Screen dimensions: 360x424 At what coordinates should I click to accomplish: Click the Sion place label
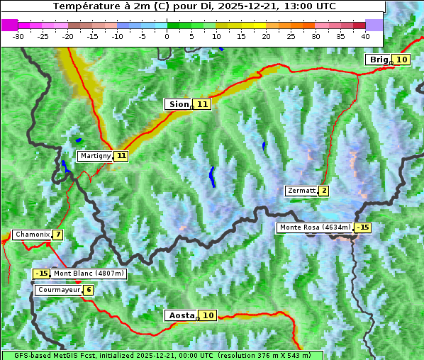point(178,104)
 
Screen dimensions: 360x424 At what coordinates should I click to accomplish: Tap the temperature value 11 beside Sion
point(203,104)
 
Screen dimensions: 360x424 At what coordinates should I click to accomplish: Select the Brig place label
point(379,60)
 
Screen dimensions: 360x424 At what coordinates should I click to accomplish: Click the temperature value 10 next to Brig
point(402,60)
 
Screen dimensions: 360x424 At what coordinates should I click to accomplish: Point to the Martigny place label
point(95,156)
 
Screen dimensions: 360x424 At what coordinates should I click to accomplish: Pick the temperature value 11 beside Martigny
point(121,156)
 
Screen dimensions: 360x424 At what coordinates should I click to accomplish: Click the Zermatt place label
point(301,191)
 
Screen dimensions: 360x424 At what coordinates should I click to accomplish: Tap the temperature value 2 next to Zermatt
point(324,191)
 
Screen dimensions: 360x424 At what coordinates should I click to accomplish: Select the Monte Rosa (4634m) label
point(315,227)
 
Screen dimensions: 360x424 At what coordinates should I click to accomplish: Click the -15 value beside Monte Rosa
point(363,227)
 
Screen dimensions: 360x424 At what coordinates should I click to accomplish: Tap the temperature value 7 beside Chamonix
point(57,235)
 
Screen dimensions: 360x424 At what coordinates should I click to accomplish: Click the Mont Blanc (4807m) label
point(89,274)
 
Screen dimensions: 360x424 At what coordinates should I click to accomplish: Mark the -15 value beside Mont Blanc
point(42,274)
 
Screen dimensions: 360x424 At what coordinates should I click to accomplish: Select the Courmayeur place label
point(58,290)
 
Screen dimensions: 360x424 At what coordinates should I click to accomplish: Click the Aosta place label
point(180,315)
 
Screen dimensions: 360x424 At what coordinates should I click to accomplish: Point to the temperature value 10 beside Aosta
point(208,315)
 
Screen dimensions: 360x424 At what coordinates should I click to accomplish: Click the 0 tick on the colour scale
point(167,35)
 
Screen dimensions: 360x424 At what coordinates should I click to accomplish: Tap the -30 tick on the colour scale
point(18,35)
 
